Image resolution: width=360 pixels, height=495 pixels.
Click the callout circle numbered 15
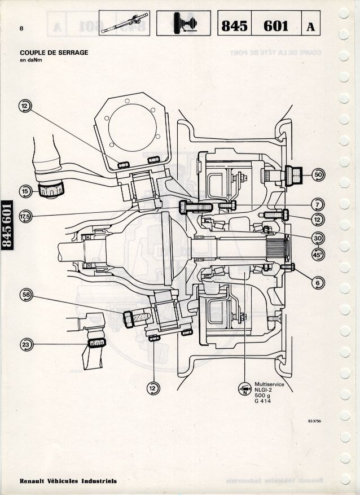click(x=25, y=191)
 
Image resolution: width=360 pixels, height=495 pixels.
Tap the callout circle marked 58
click(x=26, y=294)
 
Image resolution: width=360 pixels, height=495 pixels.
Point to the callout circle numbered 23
click(x=26, y=345)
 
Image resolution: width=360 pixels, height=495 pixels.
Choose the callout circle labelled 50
click(x=319, y=175)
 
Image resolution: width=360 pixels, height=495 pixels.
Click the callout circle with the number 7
click(x=319, y=204)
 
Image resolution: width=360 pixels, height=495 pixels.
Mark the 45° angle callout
click(x=319, y=254)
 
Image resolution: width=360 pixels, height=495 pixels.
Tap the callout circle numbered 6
click(x=319, y=283)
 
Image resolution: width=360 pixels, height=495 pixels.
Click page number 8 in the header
click(x=21, y=28)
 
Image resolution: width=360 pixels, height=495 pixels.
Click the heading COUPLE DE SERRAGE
click(x=54, y=53)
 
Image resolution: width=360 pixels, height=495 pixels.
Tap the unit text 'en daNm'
click(x=32, y=61)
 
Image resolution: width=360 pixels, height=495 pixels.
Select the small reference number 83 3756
click(x=315, y=420)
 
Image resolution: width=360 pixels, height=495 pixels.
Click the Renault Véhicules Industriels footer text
click(x=68, y=481)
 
